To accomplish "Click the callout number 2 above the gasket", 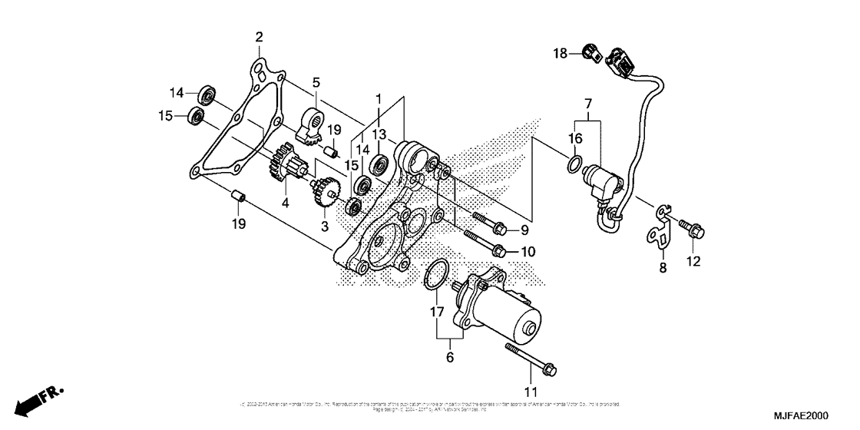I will click(259, 37).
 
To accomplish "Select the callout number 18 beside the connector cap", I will click(561, 53).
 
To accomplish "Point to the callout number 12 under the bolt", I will click(693, 261).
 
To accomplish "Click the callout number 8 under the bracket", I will click(663, 268).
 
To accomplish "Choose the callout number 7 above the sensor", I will click(587, 103).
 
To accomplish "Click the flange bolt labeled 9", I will click(489, 223).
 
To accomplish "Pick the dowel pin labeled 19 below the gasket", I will click(239, 198).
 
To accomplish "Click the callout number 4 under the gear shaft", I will click(285, 203).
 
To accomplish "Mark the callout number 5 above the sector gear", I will click(315, 82).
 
